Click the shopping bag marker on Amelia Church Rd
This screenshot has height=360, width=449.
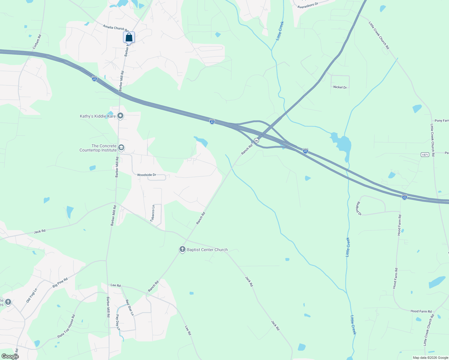click(129, 37)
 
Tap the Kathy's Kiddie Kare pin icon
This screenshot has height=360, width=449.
click(120, 115)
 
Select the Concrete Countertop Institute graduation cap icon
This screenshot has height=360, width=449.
click(121, 147)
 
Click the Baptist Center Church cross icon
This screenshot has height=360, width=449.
click(182, 249)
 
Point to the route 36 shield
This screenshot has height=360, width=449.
click(256, 140)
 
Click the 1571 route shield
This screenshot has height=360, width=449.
click(425, 154)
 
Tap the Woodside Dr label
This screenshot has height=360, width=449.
click(146, 175)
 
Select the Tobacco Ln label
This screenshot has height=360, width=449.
click(153, 213)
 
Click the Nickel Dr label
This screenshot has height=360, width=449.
click(340, 87)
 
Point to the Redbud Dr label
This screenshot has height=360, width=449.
click(358, 208)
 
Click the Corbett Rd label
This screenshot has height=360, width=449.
click(37, 42)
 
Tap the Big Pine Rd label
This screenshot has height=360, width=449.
click(60, 283)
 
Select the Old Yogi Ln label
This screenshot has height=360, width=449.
click(32, 295)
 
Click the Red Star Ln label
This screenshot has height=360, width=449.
click(129, 307)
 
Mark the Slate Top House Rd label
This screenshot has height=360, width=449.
click(66, 326)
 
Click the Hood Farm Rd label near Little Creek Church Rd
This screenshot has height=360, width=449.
click(421, 311)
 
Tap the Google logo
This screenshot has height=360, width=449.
click(10, 356)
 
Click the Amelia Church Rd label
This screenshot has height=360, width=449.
click(116, 28)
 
